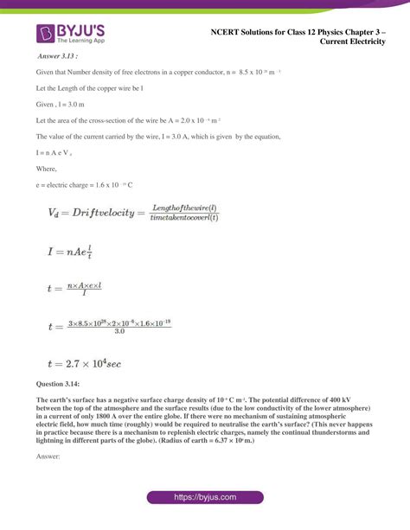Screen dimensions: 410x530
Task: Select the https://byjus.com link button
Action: (204, 499)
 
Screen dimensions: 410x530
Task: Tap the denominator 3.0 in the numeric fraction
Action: (119, 331)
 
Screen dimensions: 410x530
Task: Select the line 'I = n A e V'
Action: (55, 152)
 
